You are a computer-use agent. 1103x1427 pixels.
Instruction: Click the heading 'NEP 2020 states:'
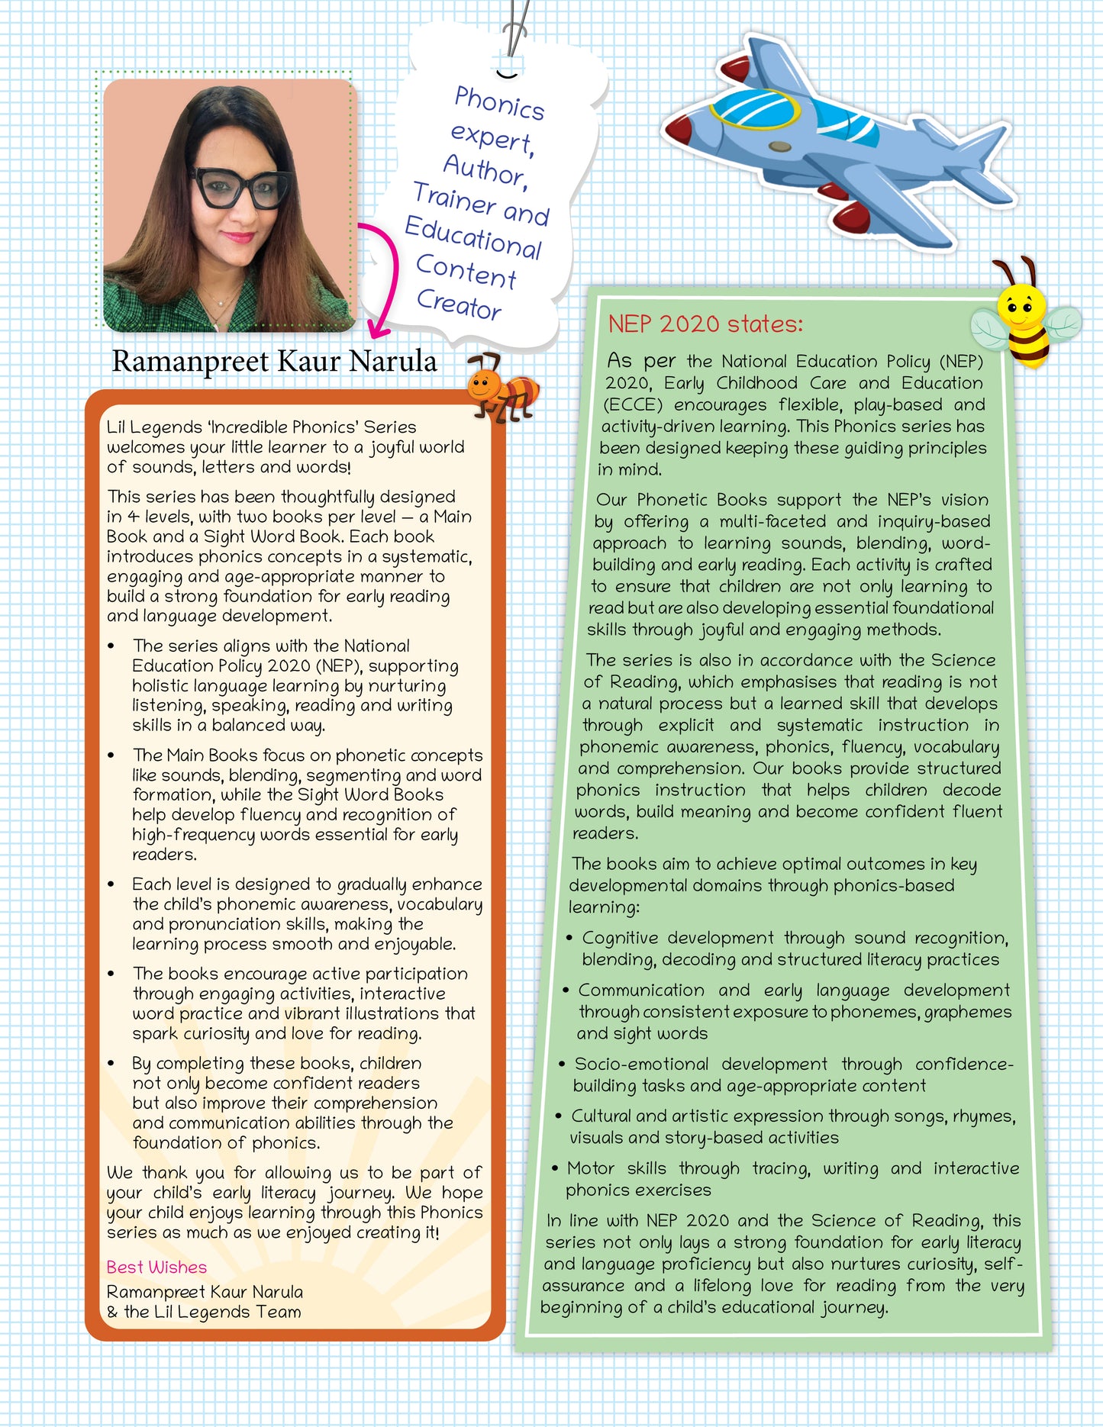(x=705, y=324)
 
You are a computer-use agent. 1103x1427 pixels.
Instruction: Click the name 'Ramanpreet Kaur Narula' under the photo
(x=274, y=361)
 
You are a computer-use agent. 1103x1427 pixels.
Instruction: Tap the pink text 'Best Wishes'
(x=156, y=1268)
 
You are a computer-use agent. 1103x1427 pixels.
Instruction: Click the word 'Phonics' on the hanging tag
(x=499, y=103)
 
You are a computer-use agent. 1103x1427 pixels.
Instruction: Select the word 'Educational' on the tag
(x=473, y=237)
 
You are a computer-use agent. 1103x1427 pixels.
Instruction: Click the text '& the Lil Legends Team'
(x=204, y=1313)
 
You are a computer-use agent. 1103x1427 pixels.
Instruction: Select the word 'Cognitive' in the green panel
(x=619, y=938)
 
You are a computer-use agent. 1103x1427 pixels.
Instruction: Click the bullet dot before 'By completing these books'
(x=111, y=1064)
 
